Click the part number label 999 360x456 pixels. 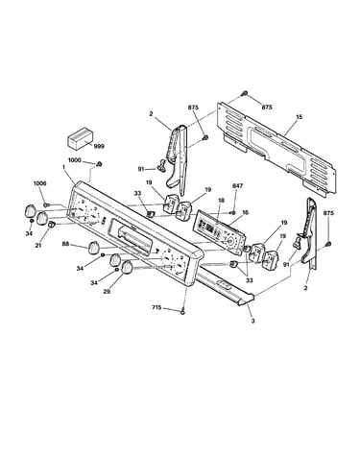pyautogui.click(x=99, y=146)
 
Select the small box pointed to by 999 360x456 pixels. pyautogui.click(x=80, y=137)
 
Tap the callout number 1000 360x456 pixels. pyautogui.click(x=75, y=160)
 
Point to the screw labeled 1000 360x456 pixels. pyautogui.click(x=99, y=164)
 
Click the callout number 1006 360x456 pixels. pyautogui.click(x=39, y=183)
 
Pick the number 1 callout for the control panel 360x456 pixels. pyautogui.click(x=63, y=167)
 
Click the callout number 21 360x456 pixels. pyautogui.click(x=38, y=246)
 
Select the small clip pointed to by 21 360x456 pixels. pyautogui.click(x=51, y=225)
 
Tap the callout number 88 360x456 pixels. pyautogui.click(x=65, y=244)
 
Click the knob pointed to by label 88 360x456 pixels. pyautogui.click(x=94, y=248)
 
